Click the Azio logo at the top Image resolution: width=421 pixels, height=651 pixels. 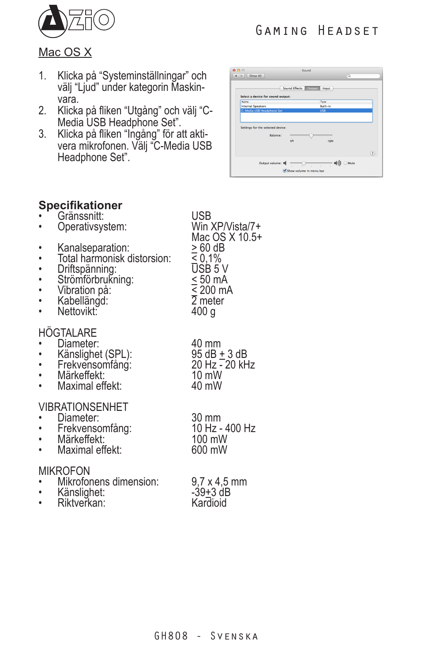[x=76, y=21]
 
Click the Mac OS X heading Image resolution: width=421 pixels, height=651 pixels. [x=65, y=52]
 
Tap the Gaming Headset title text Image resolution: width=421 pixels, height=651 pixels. [x=317, y=30]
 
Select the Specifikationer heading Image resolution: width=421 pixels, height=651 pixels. [x=80, y=205]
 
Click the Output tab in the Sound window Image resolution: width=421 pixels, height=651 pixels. [x=312, y=88]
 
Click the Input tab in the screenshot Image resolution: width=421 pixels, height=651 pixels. [x=326, y=88]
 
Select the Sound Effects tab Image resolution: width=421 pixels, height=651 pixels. [x=292, y=88]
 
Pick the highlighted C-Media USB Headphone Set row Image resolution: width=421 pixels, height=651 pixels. [x=306, y=111]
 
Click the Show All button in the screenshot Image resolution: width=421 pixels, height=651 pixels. [x=255, y=76]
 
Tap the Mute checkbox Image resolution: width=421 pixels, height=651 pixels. [x=345, y=163]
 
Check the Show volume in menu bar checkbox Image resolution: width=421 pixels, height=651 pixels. [x=285, y=170]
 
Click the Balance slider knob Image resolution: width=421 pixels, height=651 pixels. [x=311, y=136]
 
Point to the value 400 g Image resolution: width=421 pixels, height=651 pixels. [x=203, y=312]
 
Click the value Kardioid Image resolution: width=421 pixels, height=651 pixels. [x=209, y=503]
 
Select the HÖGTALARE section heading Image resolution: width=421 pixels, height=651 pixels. [x=68, y=333]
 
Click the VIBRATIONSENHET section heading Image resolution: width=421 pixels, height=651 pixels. [x=83, y=407]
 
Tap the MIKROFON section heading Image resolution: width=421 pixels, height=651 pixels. [x=64, y=471]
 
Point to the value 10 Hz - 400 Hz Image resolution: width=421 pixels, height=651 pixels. [x=223, y=429]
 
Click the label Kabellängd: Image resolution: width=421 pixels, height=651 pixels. [x=83, y=301]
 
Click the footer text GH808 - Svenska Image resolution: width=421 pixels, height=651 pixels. [x=206, y=636]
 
